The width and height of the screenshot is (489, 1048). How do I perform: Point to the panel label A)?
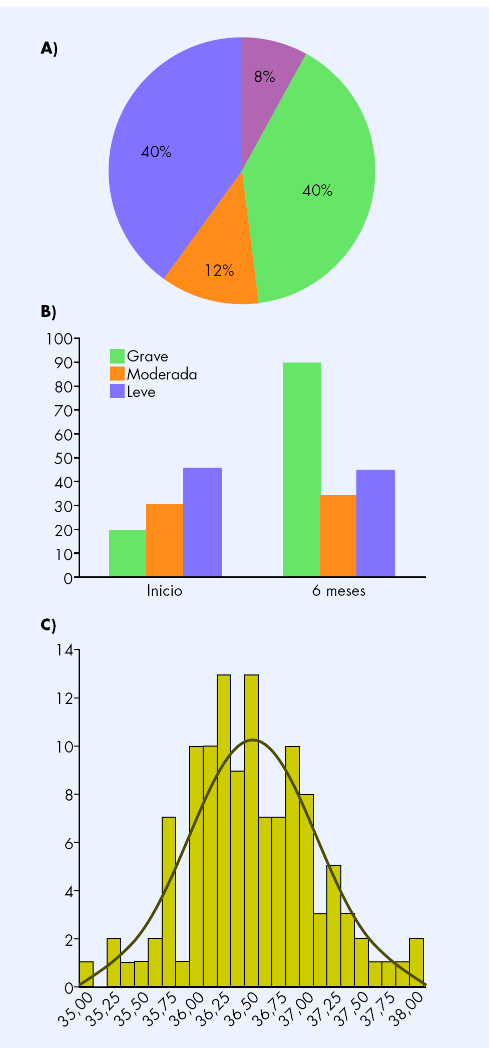tap(49, 49)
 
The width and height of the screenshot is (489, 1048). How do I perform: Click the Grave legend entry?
tap(140, 356)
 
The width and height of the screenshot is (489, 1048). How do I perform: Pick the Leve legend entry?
tap(133, 392)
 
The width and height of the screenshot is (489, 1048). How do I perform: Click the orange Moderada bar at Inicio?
tap(164, 540)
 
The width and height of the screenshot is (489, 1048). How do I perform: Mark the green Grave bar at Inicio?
tap(127, 553)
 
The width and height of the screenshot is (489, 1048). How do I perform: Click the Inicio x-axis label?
tap(164, 591)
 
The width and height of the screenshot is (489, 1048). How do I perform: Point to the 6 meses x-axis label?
tap(339, 591)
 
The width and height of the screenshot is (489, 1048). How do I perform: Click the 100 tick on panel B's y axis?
tap(60, 339)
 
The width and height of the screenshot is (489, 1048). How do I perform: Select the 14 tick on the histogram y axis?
tap(65, 650)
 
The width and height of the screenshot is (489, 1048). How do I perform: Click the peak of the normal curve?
tap(253, 740)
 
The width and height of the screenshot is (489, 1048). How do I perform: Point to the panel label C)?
tap(49, 625)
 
